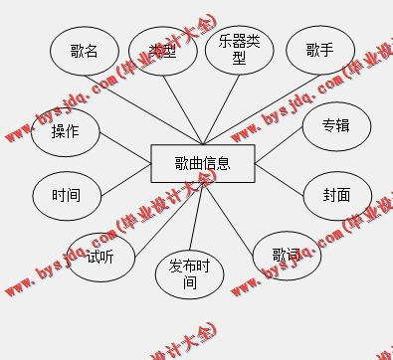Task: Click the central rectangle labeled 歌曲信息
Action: click(x=202, y=163)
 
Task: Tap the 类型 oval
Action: click(x=162, y=50)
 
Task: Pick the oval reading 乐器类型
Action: click(x=239, y=49)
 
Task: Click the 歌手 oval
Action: click(x=319, y=50)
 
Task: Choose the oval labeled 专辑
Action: click(x=335, y=126)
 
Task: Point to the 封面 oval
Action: click(x=335, y=195)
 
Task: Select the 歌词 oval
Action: click(x=287, y=256)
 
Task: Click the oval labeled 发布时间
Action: click(x=189, y=273)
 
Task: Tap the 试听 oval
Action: click(x=99, y=257)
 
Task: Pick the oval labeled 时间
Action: click(x=67, y=195)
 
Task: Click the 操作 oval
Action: click(x=66, y=132)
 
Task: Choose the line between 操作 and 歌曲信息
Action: click(x=124, y=146)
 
